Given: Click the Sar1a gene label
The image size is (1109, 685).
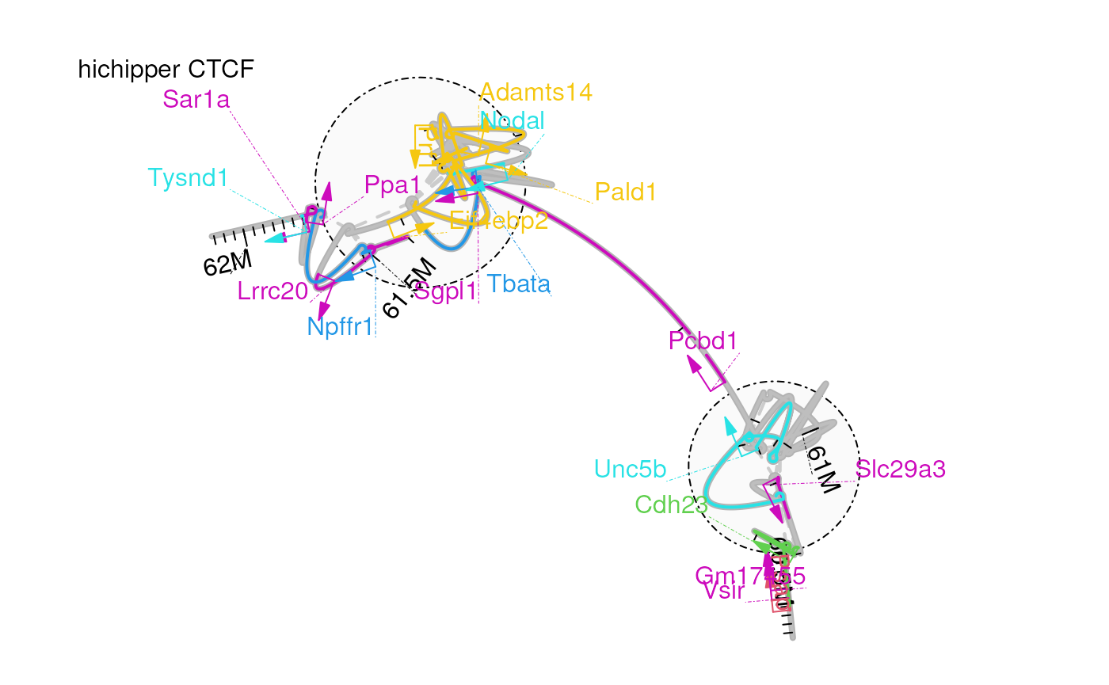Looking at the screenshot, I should (x=196, y=100).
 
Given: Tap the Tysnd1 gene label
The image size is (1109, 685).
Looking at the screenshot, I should (x=188, y=178).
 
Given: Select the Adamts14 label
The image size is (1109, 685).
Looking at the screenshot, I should (x=536, y=93).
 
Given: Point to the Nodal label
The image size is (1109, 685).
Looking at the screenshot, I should (x=513, y=121).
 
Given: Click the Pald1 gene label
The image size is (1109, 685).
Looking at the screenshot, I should (x=625, y=192).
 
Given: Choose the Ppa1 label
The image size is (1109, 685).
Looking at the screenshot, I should (x=392, y=185).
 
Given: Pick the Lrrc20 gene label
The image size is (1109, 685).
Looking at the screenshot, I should (x=272, y=291).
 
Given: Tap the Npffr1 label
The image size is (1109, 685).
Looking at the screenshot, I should (x=340, y=326).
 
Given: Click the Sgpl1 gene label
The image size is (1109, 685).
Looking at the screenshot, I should (x=446, y=292).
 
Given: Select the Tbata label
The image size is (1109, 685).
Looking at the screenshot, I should (x=519, y=284).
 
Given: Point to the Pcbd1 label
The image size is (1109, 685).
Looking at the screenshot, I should (x=703, y=341).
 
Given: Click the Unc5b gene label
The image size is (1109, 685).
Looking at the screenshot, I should (x=631, y=470).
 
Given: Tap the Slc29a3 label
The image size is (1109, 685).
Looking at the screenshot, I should (x=901, y=470).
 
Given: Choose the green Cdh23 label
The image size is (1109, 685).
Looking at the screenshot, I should (x=671, y=504).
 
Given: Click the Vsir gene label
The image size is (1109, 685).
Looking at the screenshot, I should (x=724, y=592).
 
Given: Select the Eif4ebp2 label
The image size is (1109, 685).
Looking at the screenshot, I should (x=499, y=221).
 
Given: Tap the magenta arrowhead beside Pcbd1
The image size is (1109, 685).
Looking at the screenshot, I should (x=693, y=363).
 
